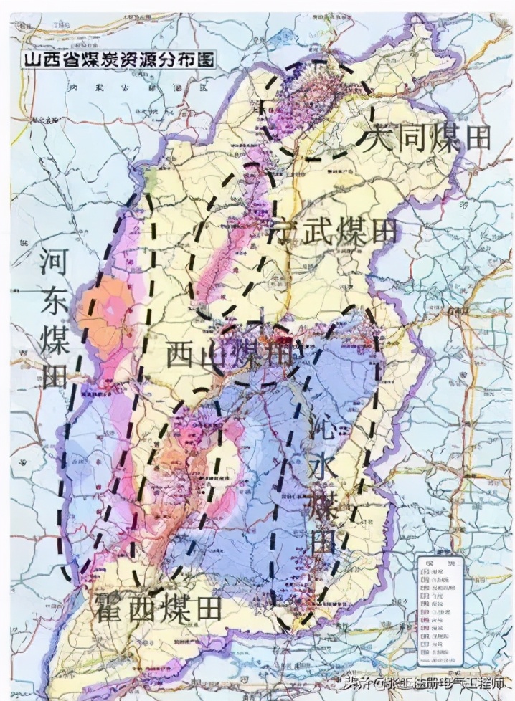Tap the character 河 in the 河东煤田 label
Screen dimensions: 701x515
(55, 263)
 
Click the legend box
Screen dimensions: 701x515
(439, 610)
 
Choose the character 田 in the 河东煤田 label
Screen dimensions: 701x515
(55, 375)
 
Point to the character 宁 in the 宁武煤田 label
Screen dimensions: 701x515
(281, 231)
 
